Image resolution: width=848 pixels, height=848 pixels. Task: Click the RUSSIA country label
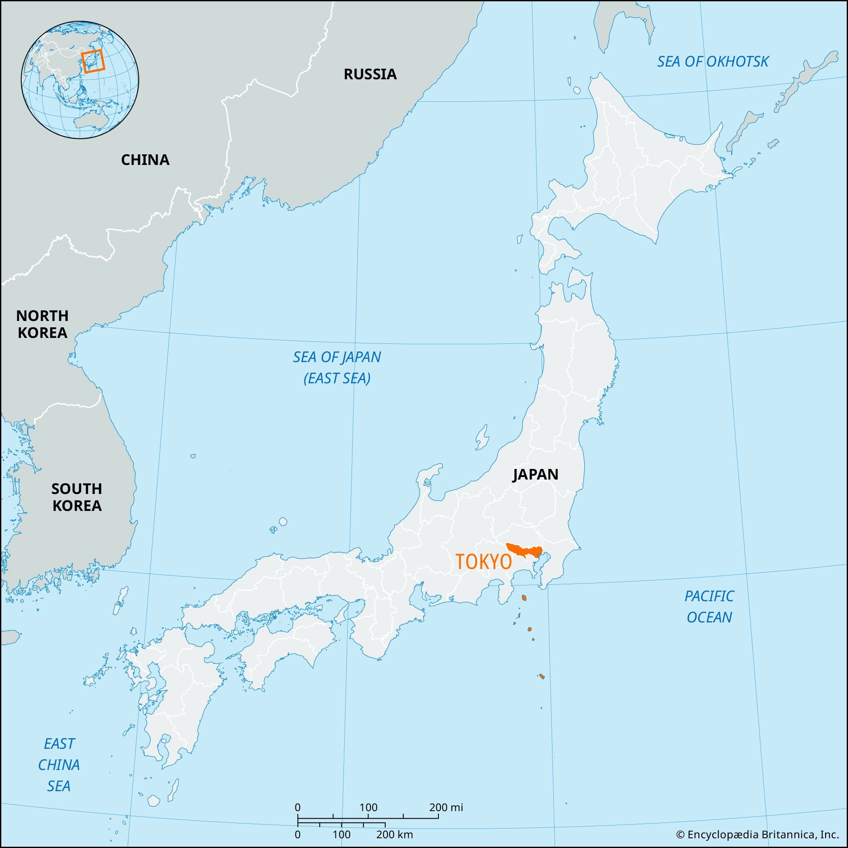click(x=370, y=74)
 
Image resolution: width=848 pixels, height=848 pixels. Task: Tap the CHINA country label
click(x=145, y=160)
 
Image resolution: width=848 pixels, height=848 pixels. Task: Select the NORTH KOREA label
click(x=42, y=324)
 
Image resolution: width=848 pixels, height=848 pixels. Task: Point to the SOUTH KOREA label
click(x=77, y=497)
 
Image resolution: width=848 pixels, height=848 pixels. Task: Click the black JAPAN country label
click(x=535, y=474)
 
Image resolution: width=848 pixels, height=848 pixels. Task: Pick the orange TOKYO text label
click(x=483, y=562)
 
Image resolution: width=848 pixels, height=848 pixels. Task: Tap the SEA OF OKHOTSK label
click(x=712, y=62)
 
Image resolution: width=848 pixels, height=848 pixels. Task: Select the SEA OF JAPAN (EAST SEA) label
click(x=337, y=367)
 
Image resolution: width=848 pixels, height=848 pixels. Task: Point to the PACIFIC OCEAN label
click(x=709, y=607)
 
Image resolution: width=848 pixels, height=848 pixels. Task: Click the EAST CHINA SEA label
click(x=59, y=764)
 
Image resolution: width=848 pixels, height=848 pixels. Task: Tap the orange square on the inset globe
click(x=93, y=60)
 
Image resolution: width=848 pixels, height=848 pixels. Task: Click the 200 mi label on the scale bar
click(x=446, y=807)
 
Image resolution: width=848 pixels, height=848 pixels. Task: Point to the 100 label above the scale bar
click(x=368, y=807)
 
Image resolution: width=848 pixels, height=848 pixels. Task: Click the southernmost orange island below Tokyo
click(x=541, y=676)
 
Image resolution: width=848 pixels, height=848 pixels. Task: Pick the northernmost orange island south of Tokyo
click(x=524, y=598)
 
